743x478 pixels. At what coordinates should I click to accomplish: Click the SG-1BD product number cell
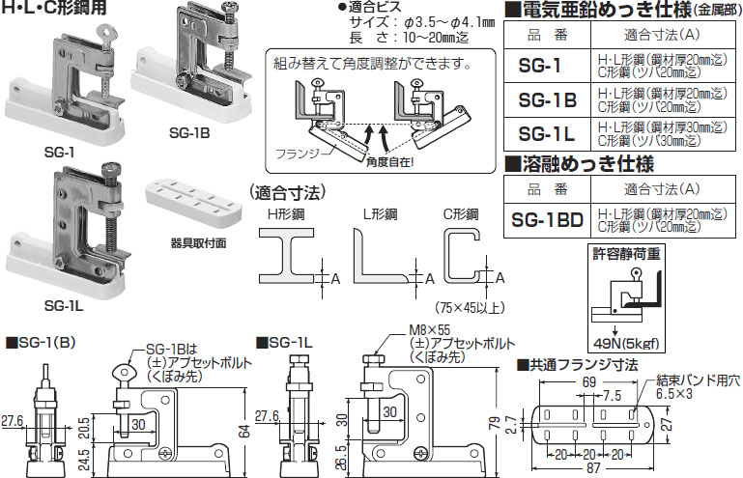click(545, 219)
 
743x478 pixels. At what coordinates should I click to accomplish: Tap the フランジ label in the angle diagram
click(297, 154)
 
